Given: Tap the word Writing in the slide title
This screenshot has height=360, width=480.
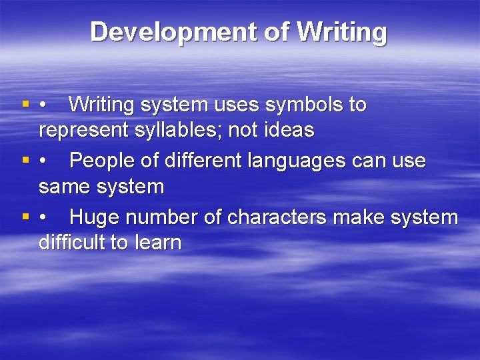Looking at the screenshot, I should tap(342, 32).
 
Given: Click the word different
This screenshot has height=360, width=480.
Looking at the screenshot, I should tap(199, 161).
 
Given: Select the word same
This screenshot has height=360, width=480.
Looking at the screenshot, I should tap(65, 187).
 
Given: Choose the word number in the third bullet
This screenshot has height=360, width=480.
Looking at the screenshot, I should tap(167, 217).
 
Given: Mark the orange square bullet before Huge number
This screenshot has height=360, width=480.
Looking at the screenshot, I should tap(25, 217).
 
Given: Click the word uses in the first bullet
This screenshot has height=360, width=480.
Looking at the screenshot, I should tap(233, 105).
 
